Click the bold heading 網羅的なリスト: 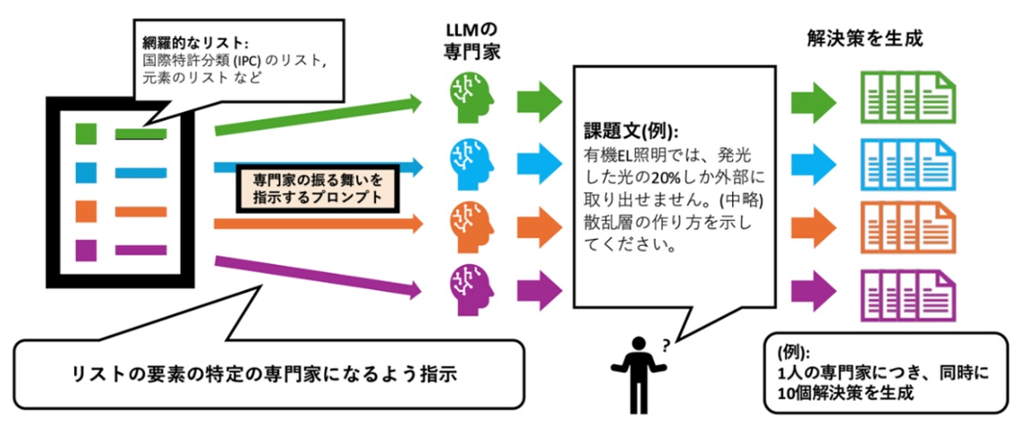point(195,42)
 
